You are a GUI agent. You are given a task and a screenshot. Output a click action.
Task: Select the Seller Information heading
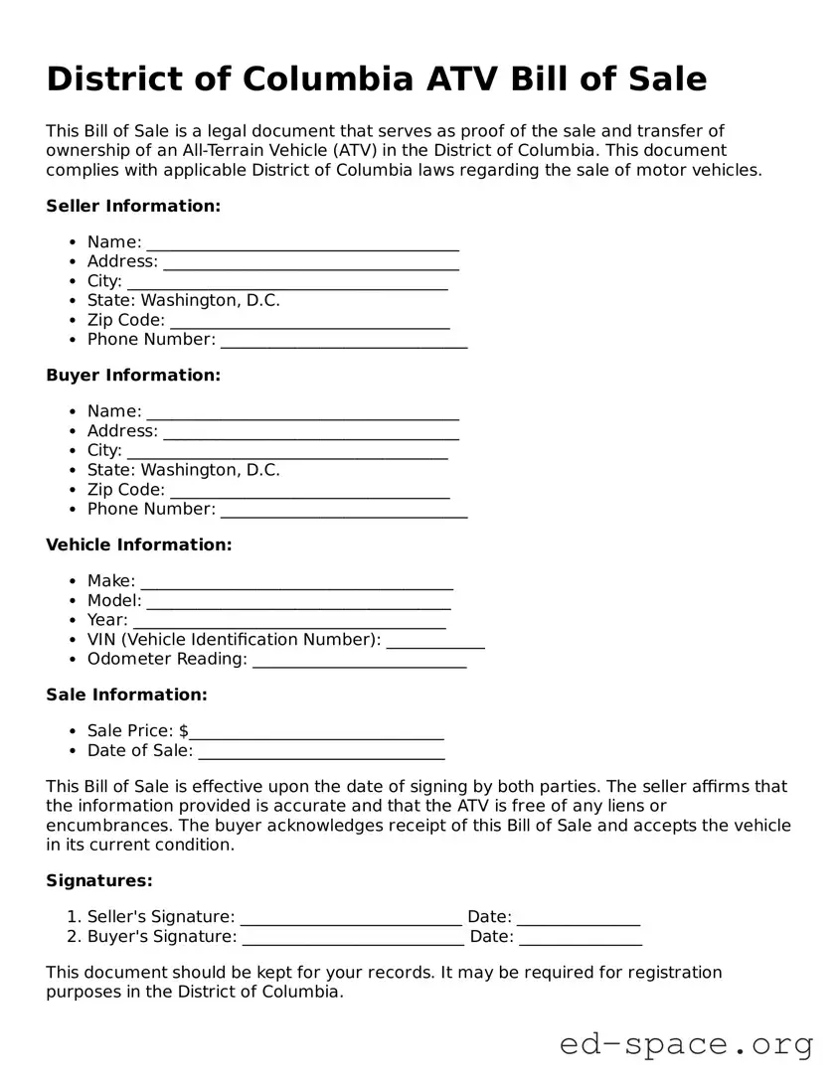pyautogui.click(x=133, y=206)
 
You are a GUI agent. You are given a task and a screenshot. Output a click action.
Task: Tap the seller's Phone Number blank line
pyautogui.click(x=343, y=342)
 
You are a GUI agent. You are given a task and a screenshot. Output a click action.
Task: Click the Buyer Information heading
pyautogui.click(x=133, y=375)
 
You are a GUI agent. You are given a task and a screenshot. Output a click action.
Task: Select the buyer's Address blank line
pyautogui.click(x=310, y=433)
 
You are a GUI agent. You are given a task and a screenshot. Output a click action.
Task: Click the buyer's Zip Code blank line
pyautogui.click(x=309, y=492)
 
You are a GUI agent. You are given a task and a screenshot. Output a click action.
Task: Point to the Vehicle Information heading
pyautogui.click(x=139, y=544)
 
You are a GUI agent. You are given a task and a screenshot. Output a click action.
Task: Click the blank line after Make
pyautogui.click(x=296, y=582)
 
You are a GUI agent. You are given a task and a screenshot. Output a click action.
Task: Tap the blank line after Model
pyautogui.click(x=298, y=602)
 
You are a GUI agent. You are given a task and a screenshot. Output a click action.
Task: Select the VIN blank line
pyautogui.click(x=434, y=642)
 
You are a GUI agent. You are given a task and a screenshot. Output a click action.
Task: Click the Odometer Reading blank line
pyautogui.click(x=359, y=661)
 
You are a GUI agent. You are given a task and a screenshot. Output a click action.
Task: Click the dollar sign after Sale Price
pyautogui.click(x=184, y=731)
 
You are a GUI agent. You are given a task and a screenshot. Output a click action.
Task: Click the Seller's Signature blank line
pyautogui.click(x=351, y=919)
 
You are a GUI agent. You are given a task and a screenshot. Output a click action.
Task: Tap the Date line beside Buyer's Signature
pyautogui.click(x=580, y=939)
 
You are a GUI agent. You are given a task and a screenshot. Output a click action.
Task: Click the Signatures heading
pyautogui.click(x=99, y=880)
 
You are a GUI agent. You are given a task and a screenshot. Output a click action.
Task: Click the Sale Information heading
pyautogui.click(x=126, y=695)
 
